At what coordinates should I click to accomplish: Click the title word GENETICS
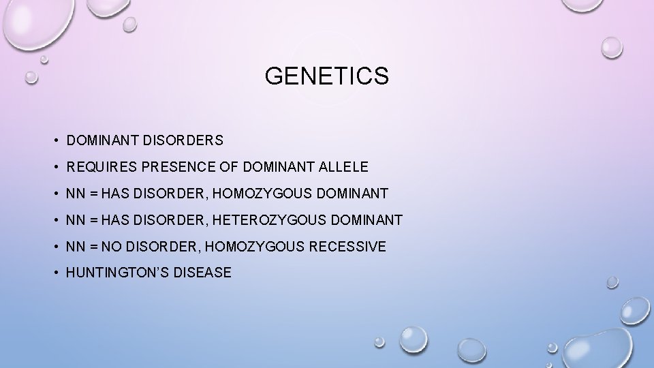click(327, 76)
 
